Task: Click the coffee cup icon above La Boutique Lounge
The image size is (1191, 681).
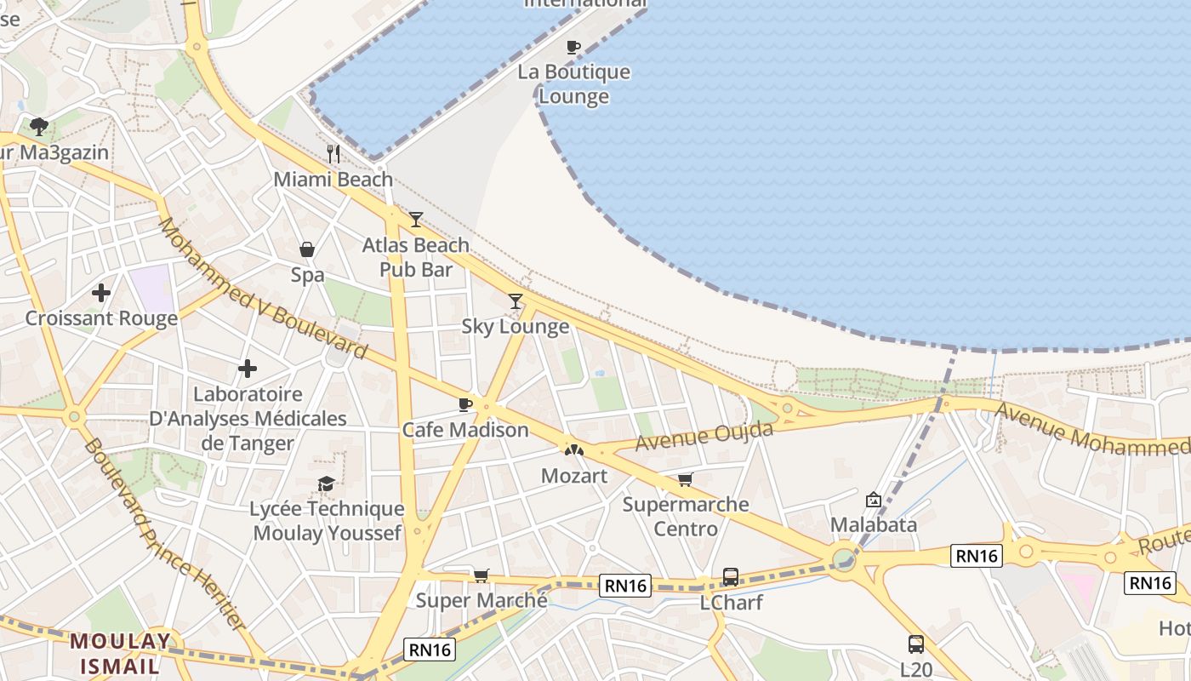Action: pyautogui.click(x=573, y=47)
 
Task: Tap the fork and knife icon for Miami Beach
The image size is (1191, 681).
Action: pyautogui.click(x=333, y=154)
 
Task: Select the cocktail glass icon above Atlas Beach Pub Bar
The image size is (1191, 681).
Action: pyautogui.click(x=415, y=220)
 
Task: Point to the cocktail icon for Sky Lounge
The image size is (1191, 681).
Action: pyautogui.click(x=516, y=300)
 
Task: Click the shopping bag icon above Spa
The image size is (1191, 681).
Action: pyautogui.click(x=307, y=249)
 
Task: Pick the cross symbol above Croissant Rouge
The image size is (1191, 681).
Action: pyautogui.click(x=101, y=293)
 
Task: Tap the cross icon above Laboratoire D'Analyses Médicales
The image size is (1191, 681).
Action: pyautogui.click(x=248, y=369)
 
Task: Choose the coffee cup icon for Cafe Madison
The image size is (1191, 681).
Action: pyautogui.click(x=465, y=404)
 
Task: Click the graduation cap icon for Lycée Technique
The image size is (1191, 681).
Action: pyautogui.click(x=327, y=484)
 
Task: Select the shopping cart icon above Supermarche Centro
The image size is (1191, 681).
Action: pyautogui.click(x=686, y=479)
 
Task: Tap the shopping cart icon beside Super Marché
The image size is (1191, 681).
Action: pyautogui.click(x=482, y=576)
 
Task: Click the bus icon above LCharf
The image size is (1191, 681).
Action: pyautogui.click(x=731, y=577)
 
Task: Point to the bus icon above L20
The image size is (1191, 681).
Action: pyautogui.click(x=916, y=644)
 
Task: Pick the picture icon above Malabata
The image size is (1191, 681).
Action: pyautogui.click(x=874, y=500)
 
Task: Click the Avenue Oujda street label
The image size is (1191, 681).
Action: pyautogui.click(x=704, y=436)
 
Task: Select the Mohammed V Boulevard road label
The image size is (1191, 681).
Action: pyautogui.click(x=264, y=289)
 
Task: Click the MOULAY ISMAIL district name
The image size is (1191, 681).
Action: pyautogui.click(x=120, y=653)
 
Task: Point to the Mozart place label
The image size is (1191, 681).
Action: pyautogui.click(x=574, y=476)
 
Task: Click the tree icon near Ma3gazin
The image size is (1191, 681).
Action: pyautogui.click(x=38, y=128)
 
